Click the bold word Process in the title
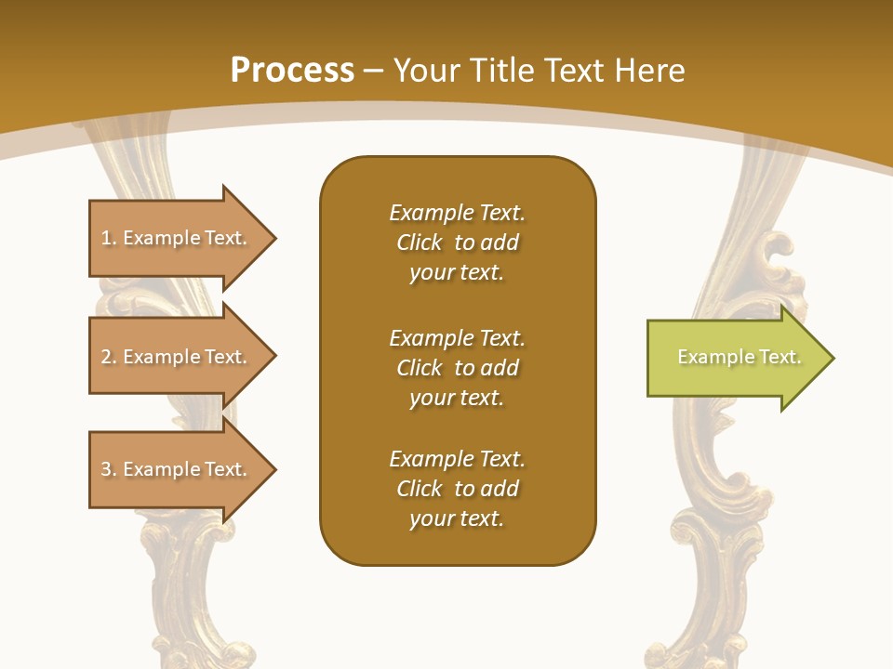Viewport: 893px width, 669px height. tap(292, 71)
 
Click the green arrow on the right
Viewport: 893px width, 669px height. tap(735, 358)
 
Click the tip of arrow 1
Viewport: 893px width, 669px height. tap(273, 238)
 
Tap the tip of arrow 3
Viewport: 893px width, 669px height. tap(273, 469)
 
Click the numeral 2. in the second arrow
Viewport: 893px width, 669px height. tap(108, 357)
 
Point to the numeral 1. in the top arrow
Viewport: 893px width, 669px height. tap(108, 238)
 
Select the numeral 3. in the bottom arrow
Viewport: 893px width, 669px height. tap(108, 469)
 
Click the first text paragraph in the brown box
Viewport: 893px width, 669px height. tap(457, 243)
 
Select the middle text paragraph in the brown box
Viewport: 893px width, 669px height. tap(457, 368)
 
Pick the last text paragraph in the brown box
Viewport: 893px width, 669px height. tap(457, 489)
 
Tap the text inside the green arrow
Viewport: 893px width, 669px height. tap(739, 357)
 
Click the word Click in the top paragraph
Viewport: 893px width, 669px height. tap(420, 243)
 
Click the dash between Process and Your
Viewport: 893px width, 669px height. tap(373, 71)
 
